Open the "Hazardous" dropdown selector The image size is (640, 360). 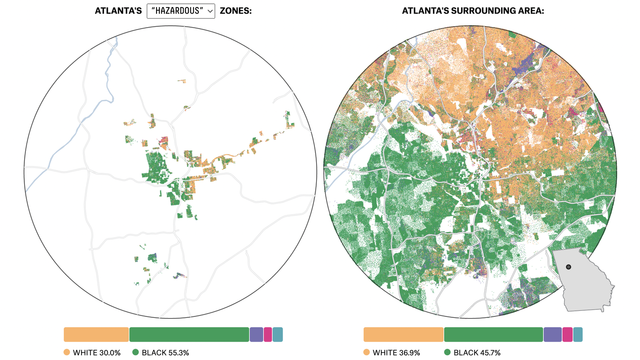(x=181, y=11)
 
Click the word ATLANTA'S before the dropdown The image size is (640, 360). (x=118, y=11)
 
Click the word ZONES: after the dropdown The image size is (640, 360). (x=236, y=11)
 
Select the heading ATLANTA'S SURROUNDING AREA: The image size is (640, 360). (x=473, y=11)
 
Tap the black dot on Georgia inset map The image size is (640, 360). (x=568, y=267)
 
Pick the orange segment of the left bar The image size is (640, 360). (x=96, y=334)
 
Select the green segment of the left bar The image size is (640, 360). (x=189, y=334)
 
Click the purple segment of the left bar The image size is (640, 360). (x=256, y=334)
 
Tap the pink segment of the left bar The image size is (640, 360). (x=268, y=334)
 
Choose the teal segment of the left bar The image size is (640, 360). (x=278, y=334)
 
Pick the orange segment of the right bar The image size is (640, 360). (x=403, y=334)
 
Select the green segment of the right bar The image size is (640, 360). (x=493, y=334)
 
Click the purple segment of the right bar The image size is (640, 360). (x=552, y=334)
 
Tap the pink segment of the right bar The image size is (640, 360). (x=567, y=334)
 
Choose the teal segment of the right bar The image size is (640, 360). (x=578, y=334)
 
